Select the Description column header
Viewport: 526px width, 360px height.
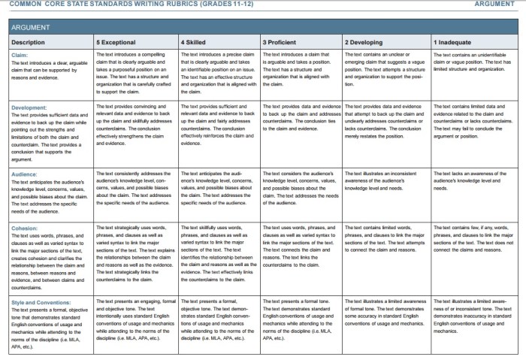coord(28,42)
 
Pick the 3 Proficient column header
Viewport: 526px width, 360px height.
coord(281,42)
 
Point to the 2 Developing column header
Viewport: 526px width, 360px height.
coord(364,42)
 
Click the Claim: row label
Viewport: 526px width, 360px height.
coord(20,55)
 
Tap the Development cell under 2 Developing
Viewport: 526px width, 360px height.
coord(384,120)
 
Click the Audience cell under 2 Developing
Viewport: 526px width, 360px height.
coord(384,184)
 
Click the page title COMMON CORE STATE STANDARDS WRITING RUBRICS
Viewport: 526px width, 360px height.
coord(113,5)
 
